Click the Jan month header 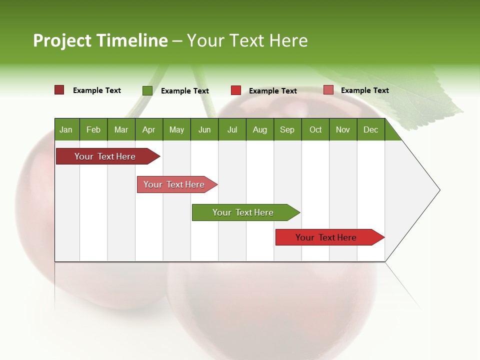[66, 129]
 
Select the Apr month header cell [149, 129]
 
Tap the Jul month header [232, 129]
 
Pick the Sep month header [287, 129]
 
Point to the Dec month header [370, 129]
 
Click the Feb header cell [93, 129]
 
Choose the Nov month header [343, 129]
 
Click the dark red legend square [59, 90]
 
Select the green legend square [147, 90]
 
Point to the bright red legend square [236, 90]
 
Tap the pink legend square [328, 90]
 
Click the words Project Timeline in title [100, 40]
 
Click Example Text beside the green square [185, 91]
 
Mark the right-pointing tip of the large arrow [439, 190]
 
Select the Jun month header [204, 129]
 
